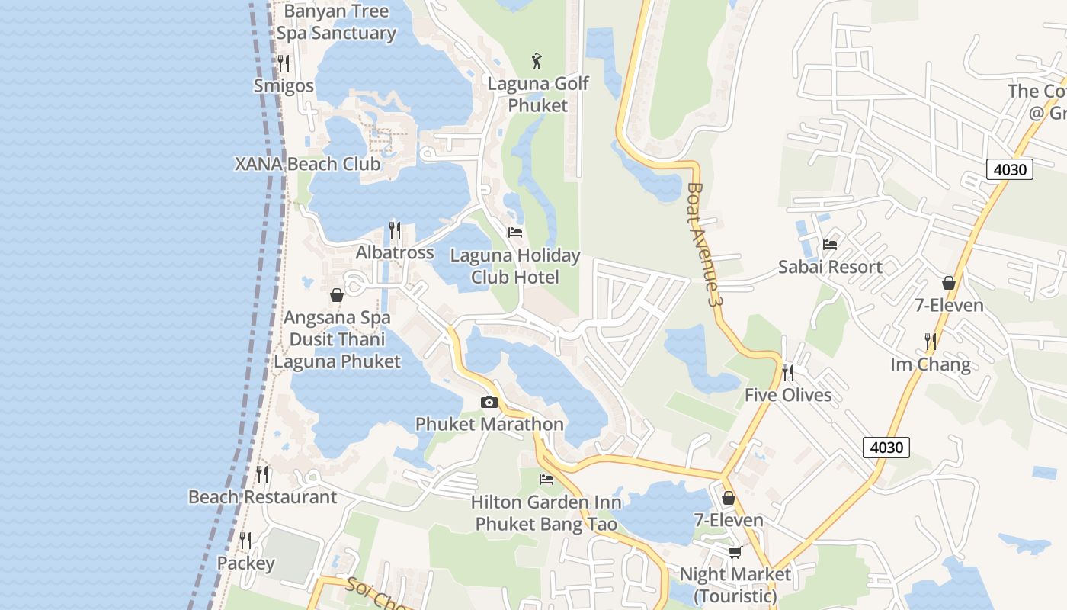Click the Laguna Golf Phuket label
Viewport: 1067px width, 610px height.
click(538, 95)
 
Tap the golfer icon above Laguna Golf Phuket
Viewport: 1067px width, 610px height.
click(537, 61)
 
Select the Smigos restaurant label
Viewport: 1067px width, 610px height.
click(284, 85)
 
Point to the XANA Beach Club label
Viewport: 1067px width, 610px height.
click(307, 164)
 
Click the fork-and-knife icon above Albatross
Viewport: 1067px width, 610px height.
click(395, 230)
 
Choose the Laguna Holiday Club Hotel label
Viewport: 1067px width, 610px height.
click(515, 266)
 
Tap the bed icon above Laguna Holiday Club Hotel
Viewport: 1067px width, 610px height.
click(515, 233)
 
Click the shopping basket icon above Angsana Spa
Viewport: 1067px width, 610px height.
click(336, 295)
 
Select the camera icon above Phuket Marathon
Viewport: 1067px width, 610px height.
click(489, 402)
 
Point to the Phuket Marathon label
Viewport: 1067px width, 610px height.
click(489, 424)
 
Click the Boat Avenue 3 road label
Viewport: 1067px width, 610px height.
click(703, 244)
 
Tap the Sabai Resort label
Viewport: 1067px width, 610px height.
click(830, 267)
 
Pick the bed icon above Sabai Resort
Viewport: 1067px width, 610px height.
click(830, 245)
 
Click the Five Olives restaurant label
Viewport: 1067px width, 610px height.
click(788, 395)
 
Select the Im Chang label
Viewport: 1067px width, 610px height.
click(931, 364)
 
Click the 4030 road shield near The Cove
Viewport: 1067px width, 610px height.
click(1010, 169)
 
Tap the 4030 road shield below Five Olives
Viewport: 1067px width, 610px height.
click(886, 447)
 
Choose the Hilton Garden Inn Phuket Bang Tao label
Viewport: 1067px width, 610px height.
click(546, 513)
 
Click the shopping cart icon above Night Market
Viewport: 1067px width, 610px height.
click(735, 552)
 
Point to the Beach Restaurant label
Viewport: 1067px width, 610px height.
click(262, 497)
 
